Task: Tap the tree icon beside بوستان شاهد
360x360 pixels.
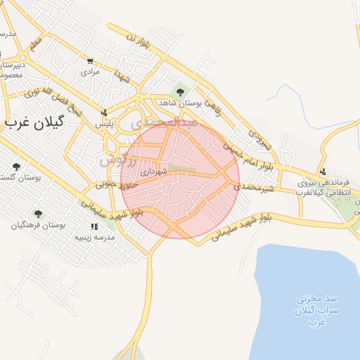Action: click(180, 91)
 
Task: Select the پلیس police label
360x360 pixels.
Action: click(105, 123)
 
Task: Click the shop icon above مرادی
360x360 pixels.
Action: click(90, 61)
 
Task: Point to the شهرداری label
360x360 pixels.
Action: click(153, 171)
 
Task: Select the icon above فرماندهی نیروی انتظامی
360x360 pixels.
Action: click(323, 171)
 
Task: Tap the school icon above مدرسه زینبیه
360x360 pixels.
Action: click(94, 226)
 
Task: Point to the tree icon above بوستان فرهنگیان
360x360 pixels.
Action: click(38, 213)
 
